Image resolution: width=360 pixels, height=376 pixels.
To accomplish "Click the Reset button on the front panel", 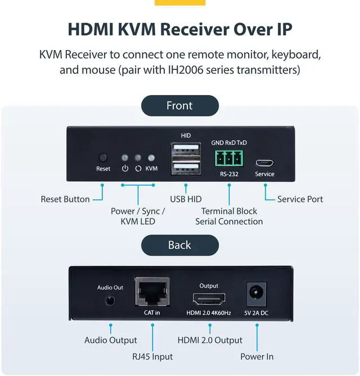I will pos(103,158).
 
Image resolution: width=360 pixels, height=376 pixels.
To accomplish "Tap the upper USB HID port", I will pos(185,150).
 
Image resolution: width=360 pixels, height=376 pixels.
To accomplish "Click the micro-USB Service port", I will pos(264,163).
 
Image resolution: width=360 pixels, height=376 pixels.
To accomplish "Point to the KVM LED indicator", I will pos(151,158).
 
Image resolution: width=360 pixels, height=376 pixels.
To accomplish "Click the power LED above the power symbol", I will pos(125,158).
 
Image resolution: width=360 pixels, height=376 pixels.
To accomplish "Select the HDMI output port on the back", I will pos(209,299).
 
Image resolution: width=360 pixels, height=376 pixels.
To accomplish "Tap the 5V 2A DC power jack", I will pos(256,294).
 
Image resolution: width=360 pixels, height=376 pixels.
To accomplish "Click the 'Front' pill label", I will pos(179,105).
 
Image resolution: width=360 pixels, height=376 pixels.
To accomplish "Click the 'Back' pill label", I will pos(179,245).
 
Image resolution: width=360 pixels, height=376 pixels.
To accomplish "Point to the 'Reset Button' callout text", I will pos(65,199).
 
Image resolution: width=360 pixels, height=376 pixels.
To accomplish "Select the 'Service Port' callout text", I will pos(300,199).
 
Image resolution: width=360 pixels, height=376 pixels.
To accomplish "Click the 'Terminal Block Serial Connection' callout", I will pos(229,216).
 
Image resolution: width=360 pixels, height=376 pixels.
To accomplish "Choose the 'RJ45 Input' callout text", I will pos(152,356).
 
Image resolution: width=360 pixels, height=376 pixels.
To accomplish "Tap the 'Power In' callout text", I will pos(257,356).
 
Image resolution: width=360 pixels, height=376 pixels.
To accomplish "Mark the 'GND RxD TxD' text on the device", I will pos(229,142).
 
